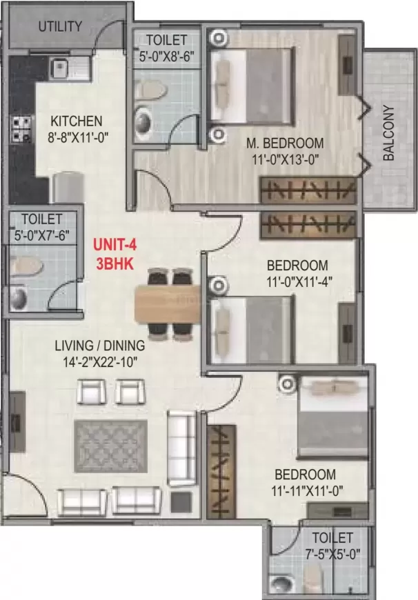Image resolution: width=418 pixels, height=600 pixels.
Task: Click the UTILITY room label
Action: point(60,27)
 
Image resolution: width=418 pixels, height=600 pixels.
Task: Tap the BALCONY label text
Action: point(388,132)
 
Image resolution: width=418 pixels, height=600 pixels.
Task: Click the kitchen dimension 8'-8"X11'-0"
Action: point(76,137)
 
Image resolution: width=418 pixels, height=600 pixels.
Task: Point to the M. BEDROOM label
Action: point(285,143)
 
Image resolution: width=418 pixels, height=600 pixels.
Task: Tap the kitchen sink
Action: point(60,68)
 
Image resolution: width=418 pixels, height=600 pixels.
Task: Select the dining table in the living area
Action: point(168,303)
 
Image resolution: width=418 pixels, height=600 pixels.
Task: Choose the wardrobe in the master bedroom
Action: point(308,190)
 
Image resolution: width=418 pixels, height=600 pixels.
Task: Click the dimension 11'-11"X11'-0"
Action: point(306,491)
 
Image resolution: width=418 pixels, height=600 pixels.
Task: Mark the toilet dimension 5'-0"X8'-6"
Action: point(166,49)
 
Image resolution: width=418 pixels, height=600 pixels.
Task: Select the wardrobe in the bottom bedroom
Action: point(221,471)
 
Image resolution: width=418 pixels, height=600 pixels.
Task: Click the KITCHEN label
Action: point(76,121)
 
